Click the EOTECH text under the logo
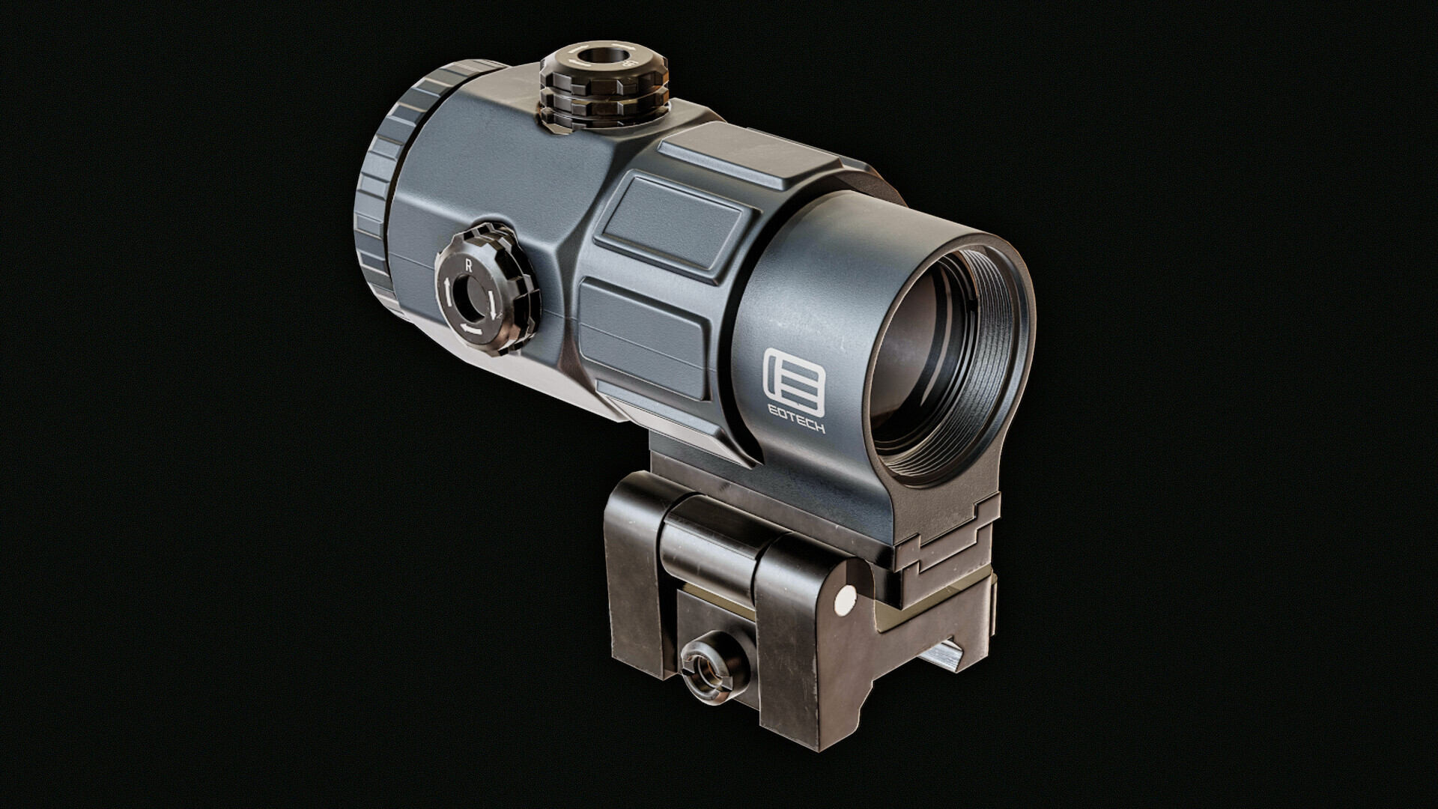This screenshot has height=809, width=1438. pos(794,427)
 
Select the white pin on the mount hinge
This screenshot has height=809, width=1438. pos(846,598)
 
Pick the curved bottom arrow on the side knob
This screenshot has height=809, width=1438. pos(470,328)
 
